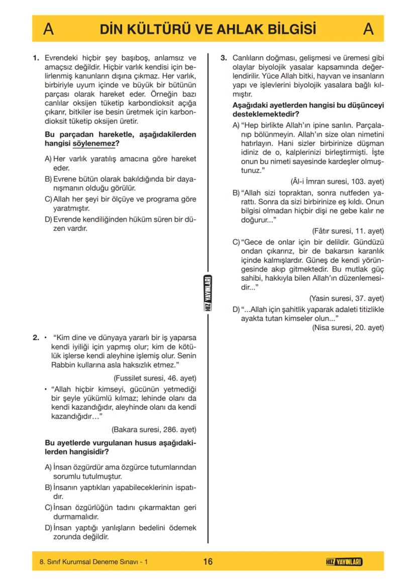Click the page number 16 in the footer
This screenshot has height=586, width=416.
(207, 561)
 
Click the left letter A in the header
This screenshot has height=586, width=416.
(49, 29)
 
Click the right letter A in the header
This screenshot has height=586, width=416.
(368, 29)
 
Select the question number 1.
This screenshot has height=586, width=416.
(36, 58)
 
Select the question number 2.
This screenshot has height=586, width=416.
(36, 337)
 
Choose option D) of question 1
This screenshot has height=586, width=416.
(49, 219)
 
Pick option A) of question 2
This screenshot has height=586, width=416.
(49, 467)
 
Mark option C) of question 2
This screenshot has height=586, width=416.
(49, 507)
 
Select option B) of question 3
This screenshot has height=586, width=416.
(236, 193)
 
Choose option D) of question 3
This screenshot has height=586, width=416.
(236, 309)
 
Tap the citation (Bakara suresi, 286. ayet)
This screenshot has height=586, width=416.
(154, 429)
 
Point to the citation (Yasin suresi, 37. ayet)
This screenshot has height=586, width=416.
(347, 298)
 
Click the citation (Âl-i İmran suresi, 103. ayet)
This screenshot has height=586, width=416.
(337, 181)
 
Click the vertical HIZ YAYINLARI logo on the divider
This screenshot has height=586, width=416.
(208, 293)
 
